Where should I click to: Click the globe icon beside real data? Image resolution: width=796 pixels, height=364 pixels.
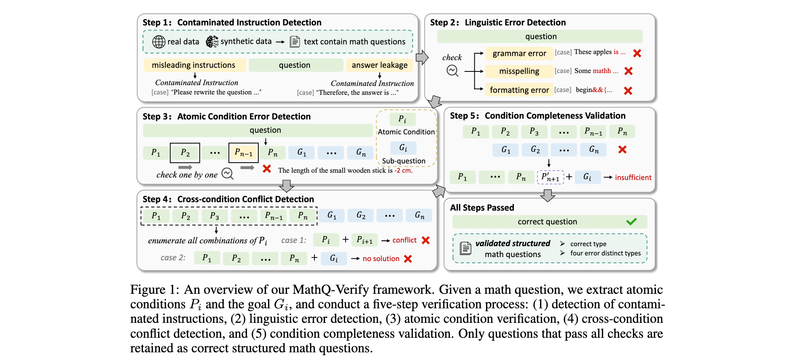point(159,42)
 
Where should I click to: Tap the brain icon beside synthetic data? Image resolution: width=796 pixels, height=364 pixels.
point(212,42)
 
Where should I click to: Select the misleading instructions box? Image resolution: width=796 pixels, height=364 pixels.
point(194,65)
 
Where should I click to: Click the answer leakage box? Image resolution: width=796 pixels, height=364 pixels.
point(379,65)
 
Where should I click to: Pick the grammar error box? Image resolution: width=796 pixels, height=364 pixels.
point(519,53)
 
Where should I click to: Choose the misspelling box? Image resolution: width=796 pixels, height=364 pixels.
point(519,71)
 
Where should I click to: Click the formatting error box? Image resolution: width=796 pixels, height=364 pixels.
point(519,90)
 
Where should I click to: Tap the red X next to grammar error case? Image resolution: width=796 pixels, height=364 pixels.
point(637,53)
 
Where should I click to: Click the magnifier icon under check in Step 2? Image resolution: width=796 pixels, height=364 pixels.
point(452,71)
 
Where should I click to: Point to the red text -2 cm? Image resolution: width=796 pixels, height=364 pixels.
point(403,170)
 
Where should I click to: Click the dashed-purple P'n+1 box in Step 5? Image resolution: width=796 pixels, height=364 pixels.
point(550,177)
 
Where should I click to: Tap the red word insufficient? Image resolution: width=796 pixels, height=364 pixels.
point(633,178)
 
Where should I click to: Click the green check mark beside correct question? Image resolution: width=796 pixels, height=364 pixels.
point(631,222)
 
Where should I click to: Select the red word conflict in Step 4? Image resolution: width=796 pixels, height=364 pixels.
point(404,240)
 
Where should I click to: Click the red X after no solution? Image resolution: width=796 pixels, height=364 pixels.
point(408,259)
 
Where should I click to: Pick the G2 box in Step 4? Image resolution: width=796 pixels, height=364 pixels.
point(361,215)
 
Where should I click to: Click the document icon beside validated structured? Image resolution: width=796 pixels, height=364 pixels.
point(465,248)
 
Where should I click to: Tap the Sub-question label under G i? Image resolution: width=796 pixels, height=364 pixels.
point(404,161)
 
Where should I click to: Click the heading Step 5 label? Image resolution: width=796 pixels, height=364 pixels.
point(464,116)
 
